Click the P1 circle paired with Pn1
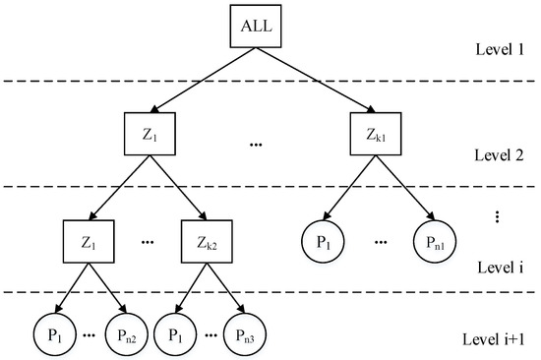coord(318,242)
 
